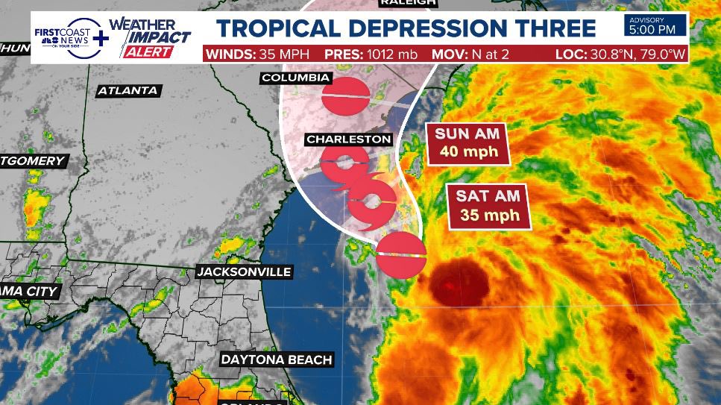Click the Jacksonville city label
click(x=243, y=272)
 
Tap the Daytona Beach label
click(x=276, y=360)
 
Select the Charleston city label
click(x=348, y=139)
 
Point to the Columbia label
click(x=295, y=78)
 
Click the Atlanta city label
click(x=127, y=91)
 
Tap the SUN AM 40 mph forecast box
click(x=467, y=143)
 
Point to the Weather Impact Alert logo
click(x=151, y=37)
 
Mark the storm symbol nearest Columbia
click(x=346, y=95)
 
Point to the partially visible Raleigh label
click(x=407, y=4)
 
